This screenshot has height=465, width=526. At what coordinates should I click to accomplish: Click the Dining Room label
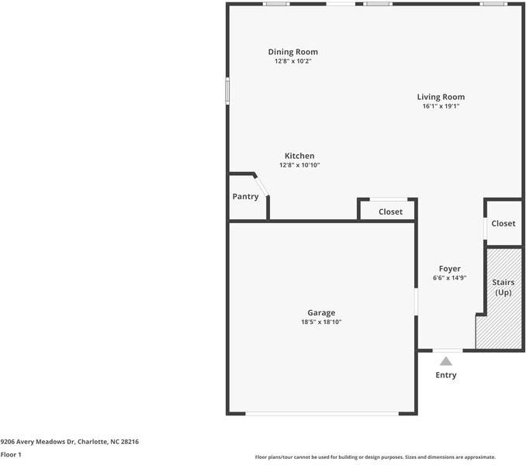(x=293, y=52)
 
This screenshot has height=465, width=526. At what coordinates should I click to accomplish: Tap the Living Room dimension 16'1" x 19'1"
(x=441, y=106)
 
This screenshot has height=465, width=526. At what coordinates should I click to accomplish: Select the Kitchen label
(x=299, y=156)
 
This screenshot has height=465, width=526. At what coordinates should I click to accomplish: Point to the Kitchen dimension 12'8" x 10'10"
(x=299, y=165)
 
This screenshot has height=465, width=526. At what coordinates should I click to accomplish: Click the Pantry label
(x=245, y=197)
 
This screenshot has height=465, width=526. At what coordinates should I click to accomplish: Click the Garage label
(x=321, y=313)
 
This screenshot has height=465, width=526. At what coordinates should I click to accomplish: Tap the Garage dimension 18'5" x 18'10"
(x=321, y=322)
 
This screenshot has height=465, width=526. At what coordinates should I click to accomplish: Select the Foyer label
(x=449, y=269)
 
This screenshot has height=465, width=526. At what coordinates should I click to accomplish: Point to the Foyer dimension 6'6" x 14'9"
(x=449, y=278)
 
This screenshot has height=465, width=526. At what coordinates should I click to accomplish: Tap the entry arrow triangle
(x=445, y=360)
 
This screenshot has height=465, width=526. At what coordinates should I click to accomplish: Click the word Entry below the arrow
(x=445, y=375)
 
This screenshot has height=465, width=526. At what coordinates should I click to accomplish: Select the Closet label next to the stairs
(x=503, y=223)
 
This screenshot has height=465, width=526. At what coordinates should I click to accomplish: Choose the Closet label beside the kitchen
(x=390, y=212)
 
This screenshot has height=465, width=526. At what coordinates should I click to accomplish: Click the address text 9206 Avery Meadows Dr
(x=69, y=442)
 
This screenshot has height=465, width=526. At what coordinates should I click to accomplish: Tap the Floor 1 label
(x=11, y=455)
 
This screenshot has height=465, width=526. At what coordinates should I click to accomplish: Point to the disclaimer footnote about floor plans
(x=375, y=457)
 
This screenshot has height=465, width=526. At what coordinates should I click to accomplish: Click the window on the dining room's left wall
(x=227, y=90)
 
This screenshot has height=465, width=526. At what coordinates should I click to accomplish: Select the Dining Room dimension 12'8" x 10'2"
(x=293, y=61)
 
